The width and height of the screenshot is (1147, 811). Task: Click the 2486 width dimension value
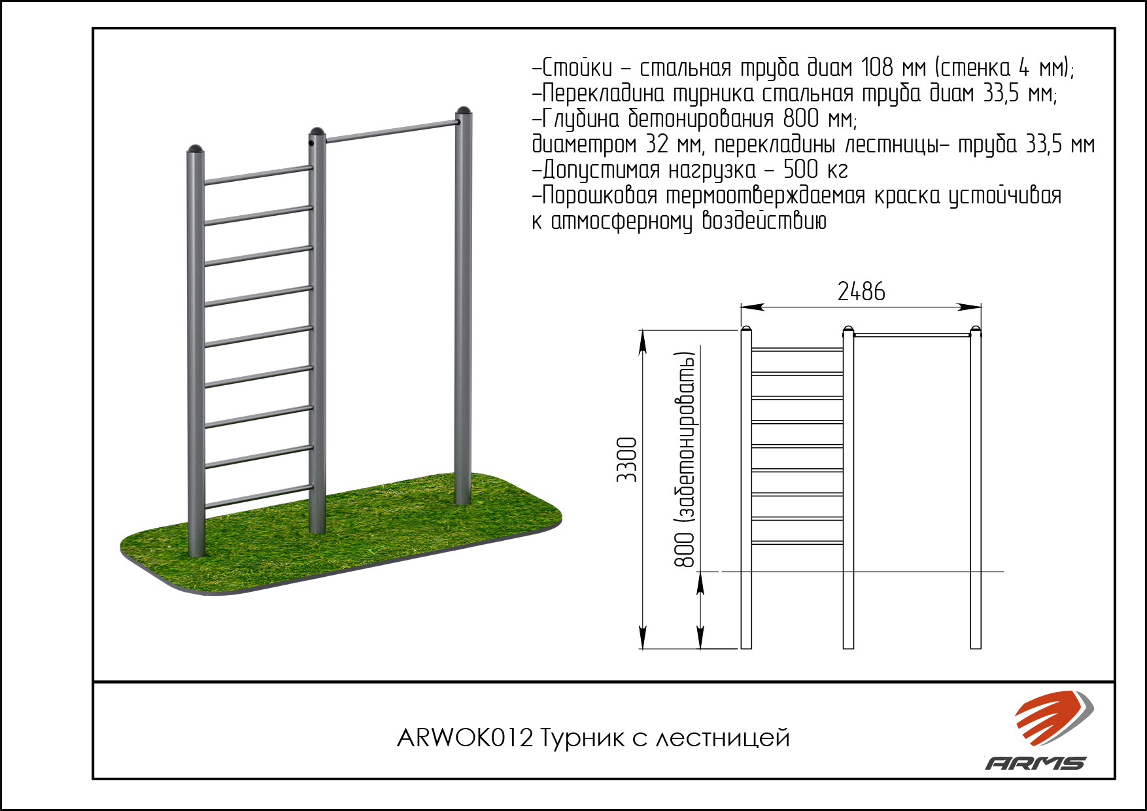(x=861, y=292)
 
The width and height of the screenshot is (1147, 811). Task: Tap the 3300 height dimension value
(x=627, y=460)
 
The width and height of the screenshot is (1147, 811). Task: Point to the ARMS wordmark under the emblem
(x=1036, y=763)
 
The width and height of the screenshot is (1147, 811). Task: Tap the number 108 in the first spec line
(x=876, y=67)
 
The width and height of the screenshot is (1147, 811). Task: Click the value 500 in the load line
(x=800, y=169)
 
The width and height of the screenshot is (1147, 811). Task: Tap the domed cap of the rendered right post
(x=463, y=111)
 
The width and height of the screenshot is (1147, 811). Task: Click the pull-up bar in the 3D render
(x=391, y=131)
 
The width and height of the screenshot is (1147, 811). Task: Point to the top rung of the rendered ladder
(x=258, y=175)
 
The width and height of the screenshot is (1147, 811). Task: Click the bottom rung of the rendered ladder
(x=258, y=496)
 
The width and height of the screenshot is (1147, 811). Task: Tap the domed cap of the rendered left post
(x=196, y=149)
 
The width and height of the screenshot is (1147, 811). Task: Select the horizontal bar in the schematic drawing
(x=912, y=335)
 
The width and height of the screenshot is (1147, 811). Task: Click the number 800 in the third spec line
(x=800, y=118)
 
